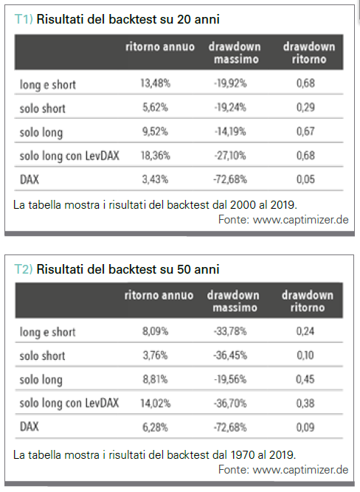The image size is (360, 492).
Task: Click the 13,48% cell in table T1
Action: [x=156, y=83]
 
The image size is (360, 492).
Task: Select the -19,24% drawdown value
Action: [x=230, y=108]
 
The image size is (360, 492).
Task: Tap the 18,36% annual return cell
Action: [x=156, y=156]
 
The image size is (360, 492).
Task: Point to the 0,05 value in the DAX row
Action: [x=305, y=179]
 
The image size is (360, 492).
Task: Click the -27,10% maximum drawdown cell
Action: [x=230, y=156]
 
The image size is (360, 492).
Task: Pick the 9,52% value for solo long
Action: [x=156, y=131]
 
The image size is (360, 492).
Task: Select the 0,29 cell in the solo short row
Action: [x=305, y=108]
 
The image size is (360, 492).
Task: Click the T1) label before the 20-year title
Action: [x=24, y=19]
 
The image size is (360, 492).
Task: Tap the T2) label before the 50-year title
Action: [x=24, y=269]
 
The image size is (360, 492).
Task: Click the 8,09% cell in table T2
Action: [x=156, y=331]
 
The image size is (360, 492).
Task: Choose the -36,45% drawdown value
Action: [x=230, y=356]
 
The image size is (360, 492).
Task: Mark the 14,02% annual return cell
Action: [x=156, y=403]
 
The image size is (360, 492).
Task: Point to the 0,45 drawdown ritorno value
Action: [x=305, y=379]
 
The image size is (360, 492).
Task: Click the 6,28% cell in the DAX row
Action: [x=156, y=427]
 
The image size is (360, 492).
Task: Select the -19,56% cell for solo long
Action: [x=230, y=379]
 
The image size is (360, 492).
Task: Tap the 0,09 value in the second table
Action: [x=305, y=427]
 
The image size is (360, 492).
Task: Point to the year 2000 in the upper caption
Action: [x=243, y=205]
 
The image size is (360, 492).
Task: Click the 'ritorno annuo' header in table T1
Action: [x=160, y=47]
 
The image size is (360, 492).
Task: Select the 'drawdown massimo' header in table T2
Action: [x=233, y=302]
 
